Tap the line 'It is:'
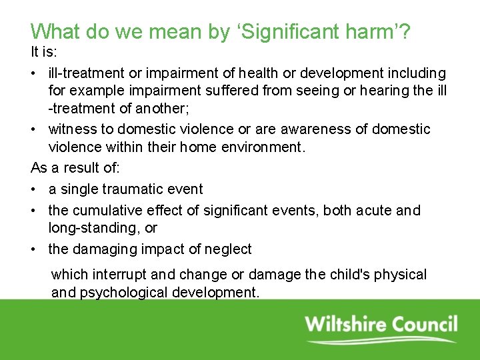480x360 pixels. [x=45, y=51]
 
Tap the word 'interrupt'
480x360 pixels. [x=114, y=275]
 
